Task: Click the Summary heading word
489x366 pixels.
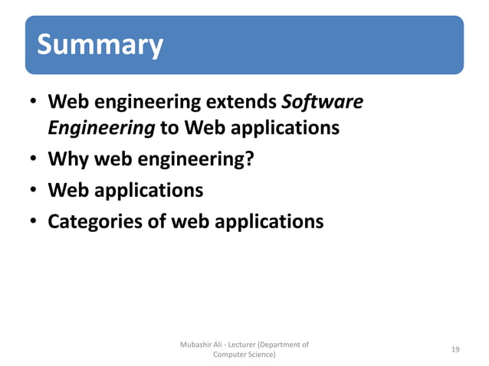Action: tap(100, 45)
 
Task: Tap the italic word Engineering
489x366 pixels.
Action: tap(101, 128)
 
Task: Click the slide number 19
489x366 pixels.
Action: tap(455, 349)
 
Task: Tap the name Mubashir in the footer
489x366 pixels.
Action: tap(196, 345)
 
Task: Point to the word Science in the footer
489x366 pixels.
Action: tap(261, 355)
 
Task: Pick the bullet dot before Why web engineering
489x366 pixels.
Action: tap(34, 162)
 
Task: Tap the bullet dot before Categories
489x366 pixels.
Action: tap(34, 223)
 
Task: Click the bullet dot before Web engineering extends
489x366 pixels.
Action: tap(34, 103)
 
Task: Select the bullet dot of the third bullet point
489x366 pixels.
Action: tap(34, 190)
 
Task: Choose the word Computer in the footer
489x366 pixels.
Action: tap(228, 355)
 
